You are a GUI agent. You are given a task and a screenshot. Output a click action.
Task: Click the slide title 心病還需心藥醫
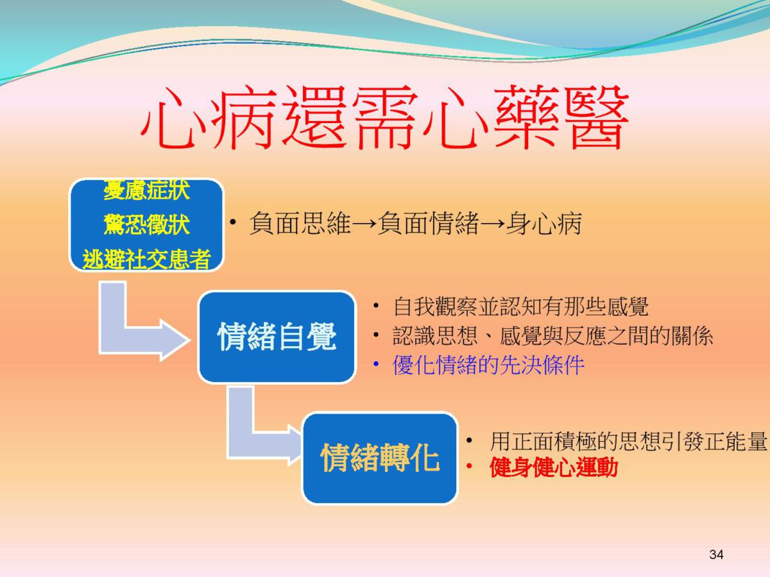384,117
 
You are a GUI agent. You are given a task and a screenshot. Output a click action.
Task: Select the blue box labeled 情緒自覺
277,337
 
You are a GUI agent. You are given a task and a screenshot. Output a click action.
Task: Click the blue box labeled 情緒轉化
380,458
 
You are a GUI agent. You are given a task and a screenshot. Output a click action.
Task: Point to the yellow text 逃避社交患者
147,260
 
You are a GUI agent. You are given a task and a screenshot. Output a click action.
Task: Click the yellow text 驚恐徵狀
147,224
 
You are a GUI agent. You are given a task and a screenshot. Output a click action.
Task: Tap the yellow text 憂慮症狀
147,191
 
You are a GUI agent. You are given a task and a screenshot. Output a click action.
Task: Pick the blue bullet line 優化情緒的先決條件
488,365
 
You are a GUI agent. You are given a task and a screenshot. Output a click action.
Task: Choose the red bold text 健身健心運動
554,467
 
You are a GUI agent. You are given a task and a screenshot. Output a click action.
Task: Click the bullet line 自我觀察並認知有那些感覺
520,306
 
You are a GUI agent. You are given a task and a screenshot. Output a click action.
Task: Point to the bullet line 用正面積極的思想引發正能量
628,442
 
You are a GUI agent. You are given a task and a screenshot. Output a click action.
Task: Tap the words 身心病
543,223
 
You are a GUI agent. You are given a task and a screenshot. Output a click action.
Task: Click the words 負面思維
300,223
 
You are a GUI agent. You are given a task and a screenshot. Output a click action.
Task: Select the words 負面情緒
429,223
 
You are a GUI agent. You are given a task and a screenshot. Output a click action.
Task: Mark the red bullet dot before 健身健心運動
469,466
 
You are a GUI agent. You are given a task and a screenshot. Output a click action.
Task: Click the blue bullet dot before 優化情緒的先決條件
376,364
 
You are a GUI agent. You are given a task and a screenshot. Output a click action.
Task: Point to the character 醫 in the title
596,118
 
